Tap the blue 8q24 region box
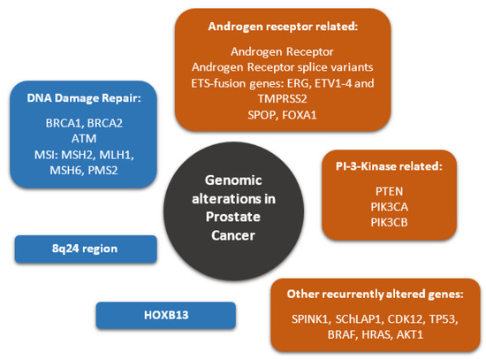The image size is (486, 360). (86, 249)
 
